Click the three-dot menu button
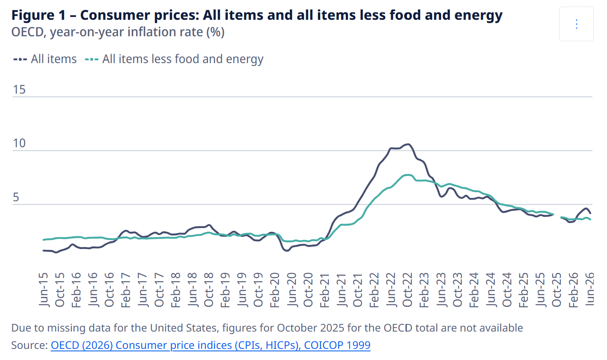click(576, 24)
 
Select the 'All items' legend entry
click(45, 59)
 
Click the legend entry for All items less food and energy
click(174, 59)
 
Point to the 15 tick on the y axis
click(19, 89)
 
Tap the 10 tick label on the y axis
click(19, 143)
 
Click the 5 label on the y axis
click(16, 197)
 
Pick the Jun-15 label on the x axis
click(43, 290)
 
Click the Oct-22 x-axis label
click(408, 290)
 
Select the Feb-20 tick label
click(275, 290)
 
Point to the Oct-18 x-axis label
click(209, 290)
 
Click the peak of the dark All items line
click(408, 144)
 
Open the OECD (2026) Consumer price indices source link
click(210, 345)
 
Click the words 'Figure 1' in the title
click(38, 15)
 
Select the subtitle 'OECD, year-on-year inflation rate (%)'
click(118, 32)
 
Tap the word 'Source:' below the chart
click(30, 345)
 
